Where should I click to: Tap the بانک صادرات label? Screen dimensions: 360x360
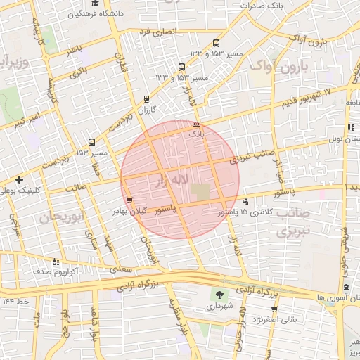pos(260,5)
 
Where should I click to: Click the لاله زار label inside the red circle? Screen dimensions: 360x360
pos(172,181)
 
